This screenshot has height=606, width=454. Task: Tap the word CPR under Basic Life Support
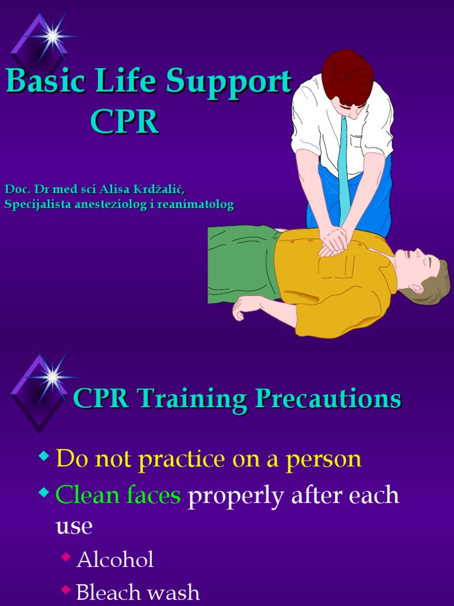125,122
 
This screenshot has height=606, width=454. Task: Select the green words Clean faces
118,495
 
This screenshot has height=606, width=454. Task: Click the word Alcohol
115,559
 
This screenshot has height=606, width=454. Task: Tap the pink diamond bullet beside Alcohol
67,556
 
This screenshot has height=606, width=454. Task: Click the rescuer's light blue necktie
344,172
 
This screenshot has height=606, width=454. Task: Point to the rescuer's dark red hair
347,77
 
